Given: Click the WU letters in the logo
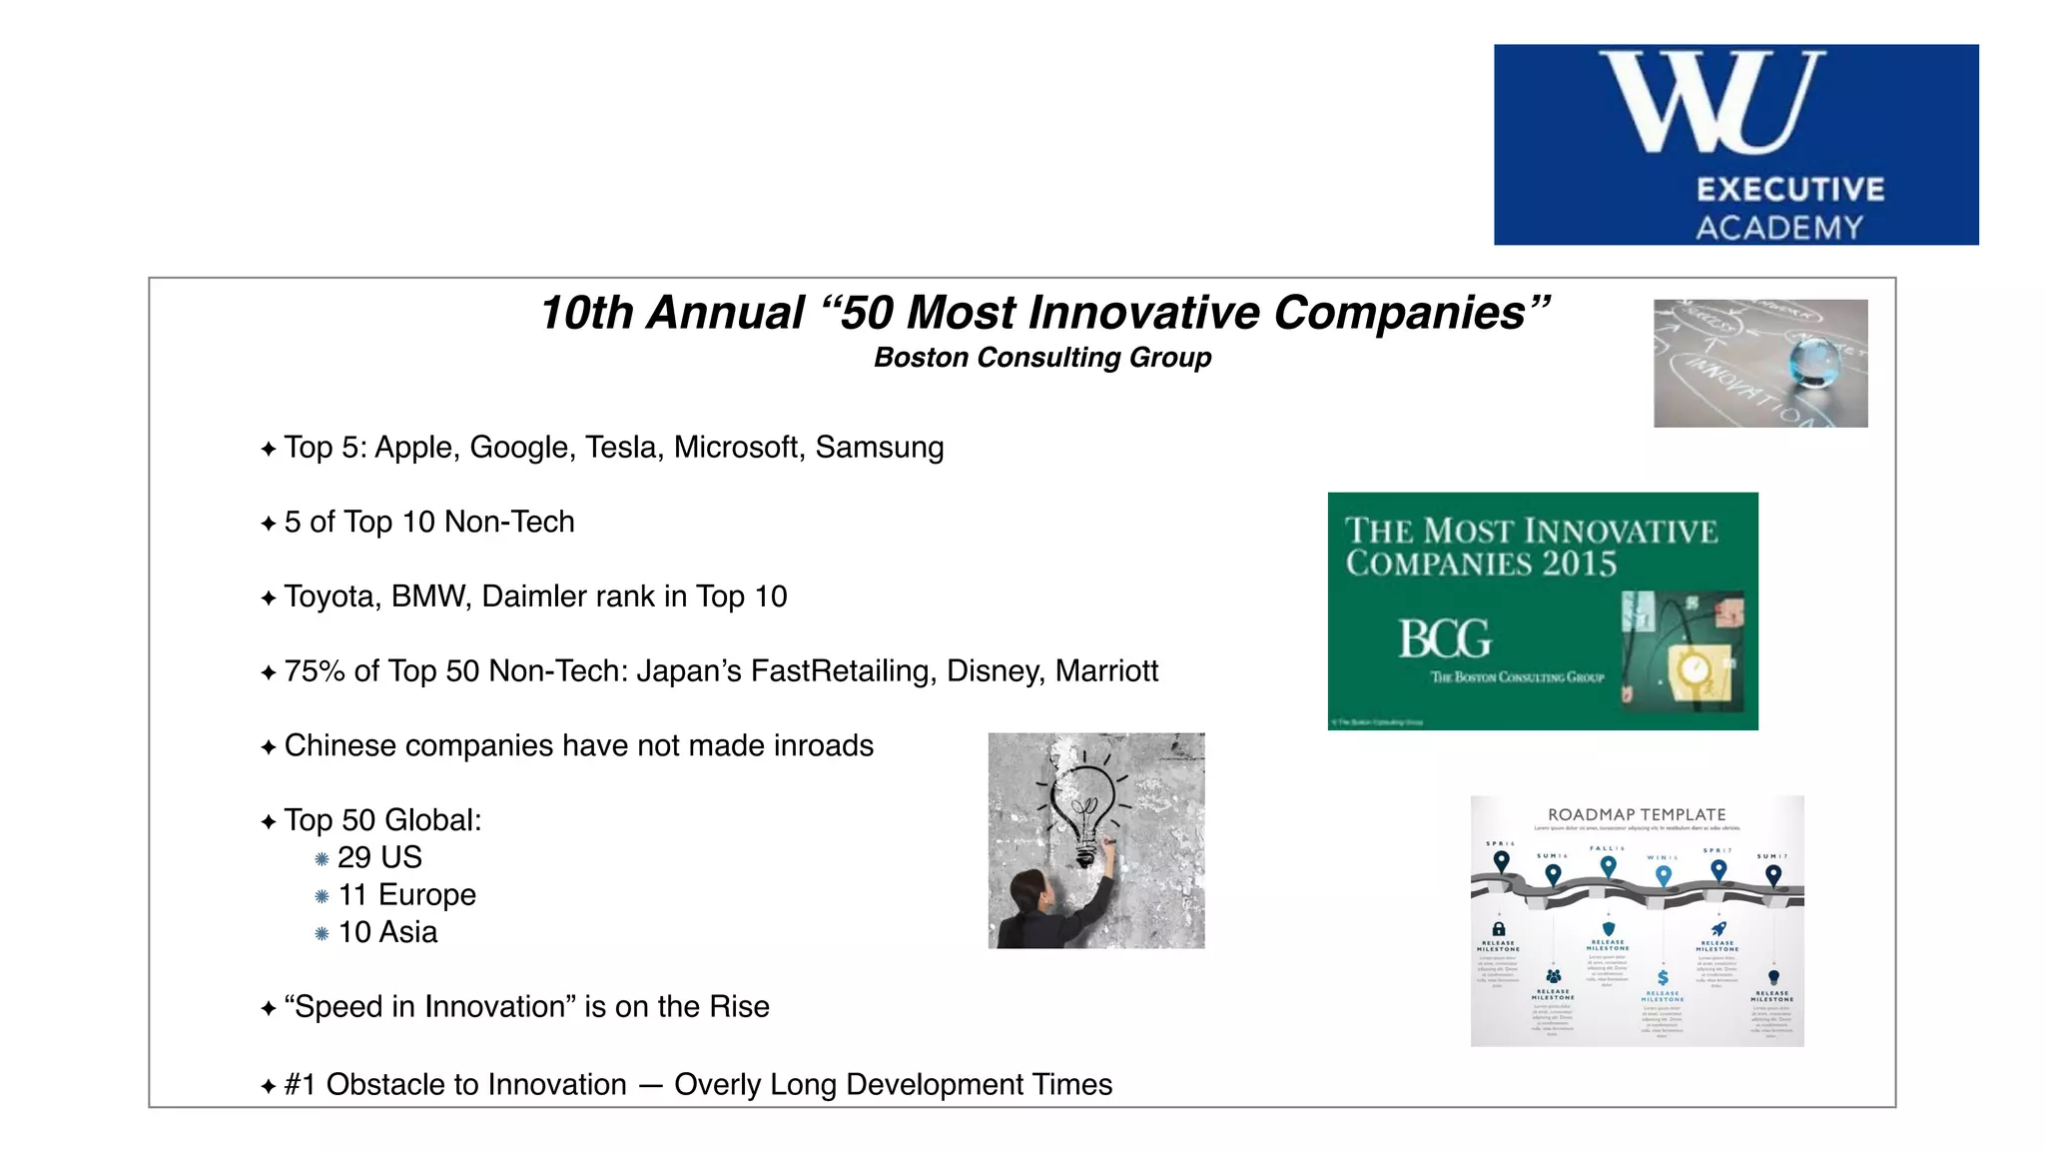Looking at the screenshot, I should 1711,102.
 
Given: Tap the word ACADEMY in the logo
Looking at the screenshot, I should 1779,228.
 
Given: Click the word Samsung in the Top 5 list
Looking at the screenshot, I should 879,447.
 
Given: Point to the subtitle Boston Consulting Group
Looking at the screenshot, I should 1042,358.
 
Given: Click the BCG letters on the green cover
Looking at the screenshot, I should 1444,639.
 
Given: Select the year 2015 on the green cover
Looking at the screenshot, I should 1579,565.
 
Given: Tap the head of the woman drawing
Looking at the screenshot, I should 1030,890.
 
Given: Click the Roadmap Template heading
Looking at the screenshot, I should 1637,814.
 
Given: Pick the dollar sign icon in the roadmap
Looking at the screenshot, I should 1663,977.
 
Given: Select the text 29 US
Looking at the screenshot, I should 379,857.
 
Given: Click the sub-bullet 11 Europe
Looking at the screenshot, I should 406,894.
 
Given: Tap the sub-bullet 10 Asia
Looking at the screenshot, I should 387,932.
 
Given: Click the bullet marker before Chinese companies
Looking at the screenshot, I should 268,747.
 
